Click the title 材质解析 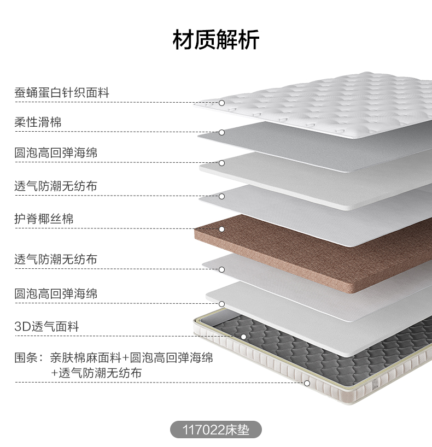click(x=216, y=40)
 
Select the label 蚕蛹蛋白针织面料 click(x=62, y=93)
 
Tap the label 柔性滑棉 click(x=38, y=122)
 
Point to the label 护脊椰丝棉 click(x=44, y=219)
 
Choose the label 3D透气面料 click(x=46, y=326)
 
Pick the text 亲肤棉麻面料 click(x=86, y=357)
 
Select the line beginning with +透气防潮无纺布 click(x=96, y=373)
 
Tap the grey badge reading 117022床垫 click(x=216, y=430)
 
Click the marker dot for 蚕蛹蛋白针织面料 click(x=221, y=103)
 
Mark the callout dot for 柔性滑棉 click(x=221, y=133)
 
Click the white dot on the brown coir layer click(x=221, y=229)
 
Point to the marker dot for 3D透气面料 click(x=243, y=337)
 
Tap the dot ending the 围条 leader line click(x=307, y=384)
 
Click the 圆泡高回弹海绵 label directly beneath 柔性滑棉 click(x=56, y=153)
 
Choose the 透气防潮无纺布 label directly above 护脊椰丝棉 click(x=56, y=186)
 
